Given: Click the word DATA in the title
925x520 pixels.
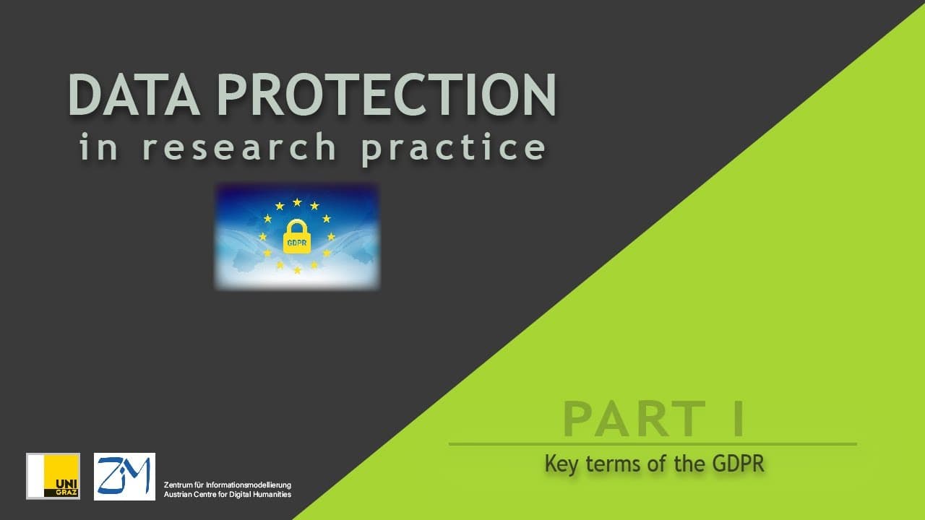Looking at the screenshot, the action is coord(134,95).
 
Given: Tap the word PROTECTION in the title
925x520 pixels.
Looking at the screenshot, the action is coord(387,95).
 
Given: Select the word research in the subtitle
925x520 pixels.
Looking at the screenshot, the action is coord(239,147).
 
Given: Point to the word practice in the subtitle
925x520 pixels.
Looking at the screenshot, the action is coord(453,149).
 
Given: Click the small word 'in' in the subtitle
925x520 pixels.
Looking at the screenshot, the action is coord(98,147).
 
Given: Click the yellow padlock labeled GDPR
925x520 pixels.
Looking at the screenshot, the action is coord(297,236).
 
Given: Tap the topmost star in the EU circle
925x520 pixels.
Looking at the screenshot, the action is coord(297,202).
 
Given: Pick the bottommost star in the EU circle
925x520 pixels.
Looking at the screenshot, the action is coord(297,270).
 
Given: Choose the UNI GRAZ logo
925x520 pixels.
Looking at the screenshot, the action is coord(53,476).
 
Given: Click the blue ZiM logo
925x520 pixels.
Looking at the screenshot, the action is coord(125,477).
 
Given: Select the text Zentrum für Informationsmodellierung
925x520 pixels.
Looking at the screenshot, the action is coord(228,485).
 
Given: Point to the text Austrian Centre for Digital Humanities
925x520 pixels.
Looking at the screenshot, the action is coord(228,495).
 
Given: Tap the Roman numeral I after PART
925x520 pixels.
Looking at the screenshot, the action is coord(739,419).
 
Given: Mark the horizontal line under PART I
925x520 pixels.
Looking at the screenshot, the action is coord(653,444).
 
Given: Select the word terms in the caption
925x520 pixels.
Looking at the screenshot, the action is coord(614,464).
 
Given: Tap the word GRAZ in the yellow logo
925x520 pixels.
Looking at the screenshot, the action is coord(66,493).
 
